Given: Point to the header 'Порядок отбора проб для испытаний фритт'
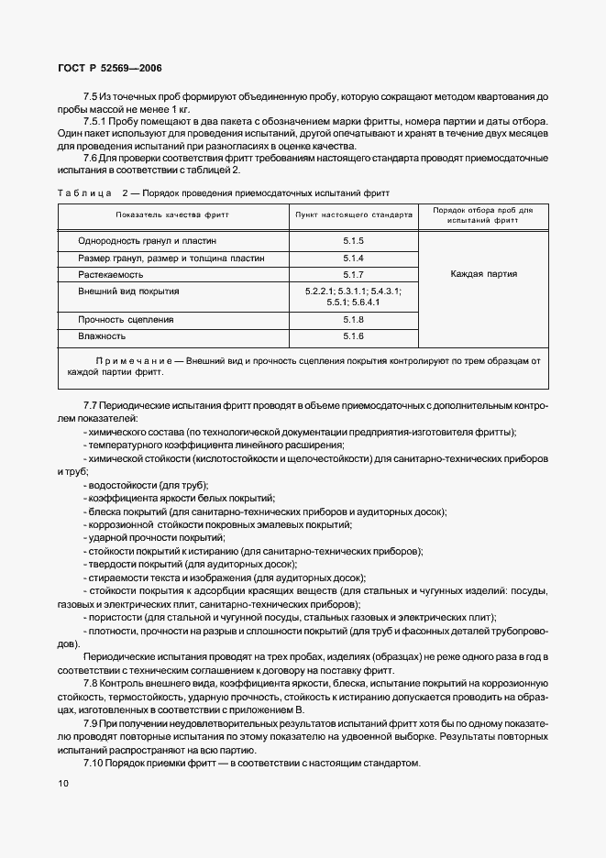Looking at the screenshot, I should click(x=482, y=214).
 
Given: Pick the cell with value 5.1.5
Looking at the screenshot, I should click(x=353, y=240).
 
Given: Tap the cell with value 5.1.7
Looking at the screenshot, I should click(x=353, y=274).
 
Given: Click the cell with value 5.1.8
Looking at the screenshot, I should click(x=353, y=320).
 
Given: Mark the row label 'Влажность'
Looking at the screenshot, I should click(x=102, y=337).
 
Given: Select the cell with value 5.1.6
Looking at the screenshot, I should click(x=353, y=337).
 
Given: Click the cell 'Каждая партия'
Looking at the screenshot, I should click(x=483, y=273).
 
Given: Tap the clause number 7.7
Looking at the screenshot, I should click(x=90, y=404).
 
